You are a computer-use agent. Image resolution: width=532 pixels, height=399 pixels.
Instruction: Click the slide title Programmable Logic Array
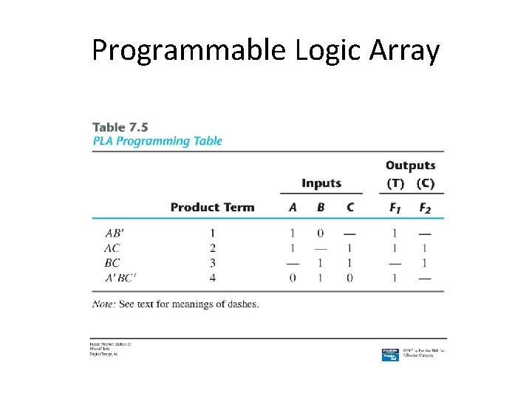tap(266, 50)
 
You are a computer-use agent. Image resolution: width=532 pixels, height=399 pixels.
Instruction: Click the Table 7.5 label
tap(120, 127)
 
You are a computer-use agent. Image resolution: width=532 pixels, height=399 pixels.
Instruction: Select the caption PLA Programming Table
tap(157, 141)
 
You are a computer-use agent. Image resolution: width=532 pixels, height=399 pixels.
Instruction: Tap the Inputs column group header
tap(321, 183)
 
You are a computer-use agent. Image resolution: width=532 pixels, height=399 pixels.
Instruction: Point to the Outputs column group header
tap(410, 166)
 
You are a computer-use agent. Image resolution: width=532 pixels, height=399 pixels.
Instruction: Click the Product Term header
tap(212, 208)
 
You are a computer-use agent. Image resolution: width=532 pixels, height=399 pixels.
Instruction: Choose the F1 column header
tap(395, 208)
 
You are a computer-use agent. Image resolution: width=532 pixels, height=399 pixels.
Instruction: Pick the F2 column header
tap(424, 208)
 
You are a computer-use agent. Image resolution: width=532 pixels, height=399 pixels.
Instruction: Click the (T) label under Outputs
tap(395, 183)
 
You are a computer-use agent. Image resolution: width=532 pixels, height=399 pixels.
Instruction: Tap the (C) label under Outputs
tap(425, 183)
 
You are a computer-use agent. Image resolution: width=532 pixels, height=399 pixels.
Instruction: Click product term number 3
tap(213, 262)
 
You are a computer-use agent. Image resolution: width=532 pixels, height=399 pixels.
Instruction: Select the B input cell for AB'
tap(321, 233)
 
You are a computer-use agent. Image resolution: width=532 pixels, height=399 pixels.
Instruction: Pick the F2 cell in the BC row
tap(424, 262)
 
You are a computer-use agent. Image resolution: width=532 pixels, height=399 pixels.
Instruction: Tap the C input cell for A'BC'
tap(349, 277)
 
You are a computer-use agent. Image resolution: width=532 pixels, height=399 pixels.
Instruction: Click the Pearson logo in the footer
tap(390, 353)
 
